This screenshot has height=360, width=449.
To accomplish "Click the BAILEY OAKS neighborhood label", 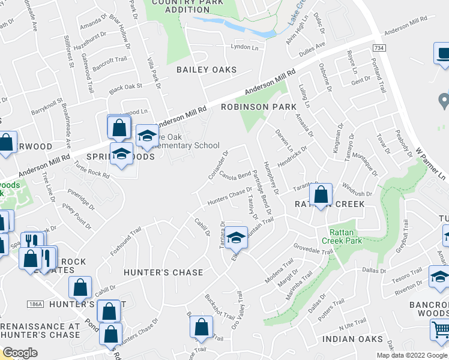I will (206, 70).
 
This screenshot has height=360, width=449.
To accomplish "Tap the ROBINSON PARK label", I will (259, 107).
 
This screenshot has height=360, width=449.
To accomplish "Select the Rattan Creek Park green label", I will (346, 236).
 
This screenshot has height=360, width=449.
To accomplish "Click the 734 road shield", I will (378, 48).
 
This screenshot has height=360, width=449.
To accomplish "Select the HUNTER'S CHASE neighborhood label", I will (163, 272).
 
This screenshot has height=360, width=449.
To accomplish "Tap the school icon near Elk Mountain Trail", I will (237, 238).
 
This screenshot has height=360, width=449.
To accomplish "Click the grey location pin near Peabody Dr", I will (444, 100).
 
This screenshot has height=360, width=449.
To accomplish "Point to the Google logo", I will (20, 353).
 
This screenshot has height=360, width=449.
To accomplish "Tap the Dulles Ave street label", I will (312, 45).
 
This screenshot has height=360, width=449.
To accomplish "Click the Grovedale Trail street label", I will (313, 248).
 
